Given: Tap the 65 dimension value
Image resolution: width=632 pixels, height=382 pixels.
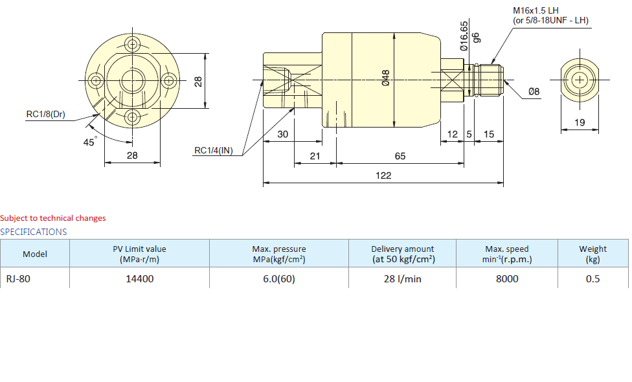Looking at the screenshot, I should pos(400,156).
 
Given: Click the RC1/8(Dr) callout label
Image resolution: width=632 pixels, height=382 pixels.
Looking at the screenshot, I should pos(45,115).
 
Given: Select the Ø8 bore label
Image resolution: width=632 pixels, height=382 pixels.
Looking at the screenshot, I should pos(534,92).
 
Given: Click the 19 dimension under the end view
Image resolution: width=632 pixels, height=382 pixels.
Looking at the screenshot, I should pos(580,122).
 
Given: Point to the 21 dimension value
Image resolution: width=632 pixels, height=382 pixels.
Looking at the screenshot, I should pos(315,156).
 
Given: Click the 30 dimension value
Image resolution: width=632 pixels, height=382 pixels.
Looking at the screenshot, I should pos(283,135).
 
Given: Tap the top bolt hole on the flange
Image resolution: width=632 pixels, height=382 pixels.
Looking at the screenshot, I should pos(133,45).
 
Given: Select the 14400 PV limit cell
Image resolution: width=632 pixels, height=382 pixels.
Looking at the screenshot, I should pos(139,278).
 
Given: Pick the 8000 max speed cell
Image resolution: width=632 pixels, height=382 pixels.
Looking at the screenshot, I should pos(506,278).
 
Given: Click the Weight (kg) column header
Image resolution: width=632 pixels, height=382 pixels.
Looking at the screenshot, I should pos(592,254).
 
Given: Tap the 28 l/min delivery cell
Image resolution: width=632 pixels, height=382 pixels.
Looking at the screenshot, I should pos(402,278).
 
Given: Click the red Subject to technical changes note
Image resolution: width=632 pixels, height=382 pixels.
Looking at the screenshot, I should pos(53,218).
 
